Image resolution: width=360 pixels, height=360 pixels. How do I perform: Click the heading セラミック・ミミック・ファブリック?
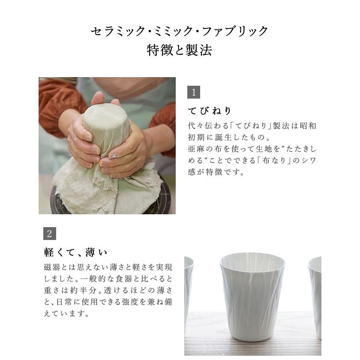click(x=180, y=31)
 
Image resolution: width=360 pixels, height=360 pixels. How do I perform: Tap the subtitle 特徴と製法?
click(x=180, y=51)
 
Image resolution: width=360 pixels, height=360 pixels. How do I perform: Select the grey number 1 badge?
click(x=194, y=93)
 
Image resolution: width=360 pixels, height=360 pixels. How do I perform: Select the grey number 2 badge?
click(x=50, y=234)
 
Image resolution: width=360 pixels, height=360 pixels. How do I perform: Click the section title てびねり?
click(x=210, y=111)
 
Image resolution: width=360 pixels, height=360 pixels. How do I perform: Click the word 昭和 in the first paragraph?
click(x=308, y=126)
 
